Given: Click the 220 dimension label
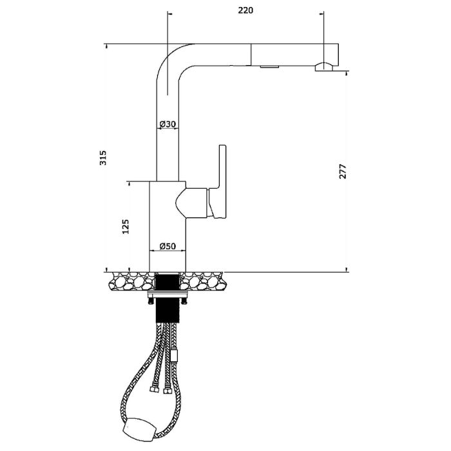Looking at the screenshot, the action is click(245, 10).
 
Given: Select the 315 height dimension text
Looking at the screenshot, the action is click(103, 158).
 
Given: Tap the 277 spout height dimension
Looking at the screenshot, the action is click(343, 171).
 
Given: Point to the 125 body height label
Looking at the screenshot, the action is click(126, 227).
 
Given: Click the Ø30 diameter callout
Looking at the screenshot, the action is click(168, 124).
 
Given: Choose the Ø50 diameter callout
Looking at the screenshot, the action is click(168, 246).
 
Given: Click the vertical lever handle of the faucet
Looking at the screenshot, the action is click(220, 181).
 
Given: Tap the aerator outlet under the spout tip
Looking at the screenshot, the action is click(324, 67).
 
